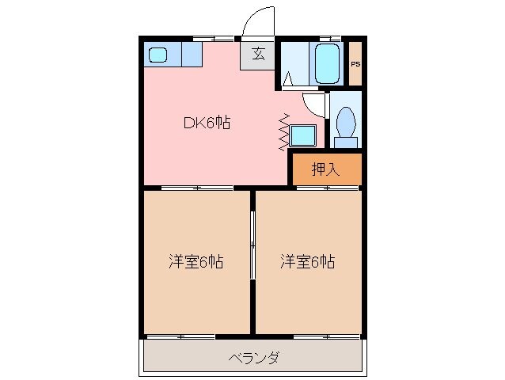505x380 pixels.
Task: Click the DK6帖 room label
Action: pos(207,123)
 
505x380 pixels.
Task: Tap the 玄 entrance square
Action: pos(258,55)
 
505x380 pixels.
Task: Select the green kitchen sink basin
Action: pos(158,55)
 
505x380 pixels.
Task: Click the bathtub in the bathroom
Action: pos(327,63)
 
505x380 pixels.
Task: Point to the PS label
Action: pos(355,64)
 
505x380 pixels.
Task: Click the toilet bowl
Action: pos(344,123)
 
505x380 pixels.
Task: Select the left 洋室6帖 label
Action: pos(195,261)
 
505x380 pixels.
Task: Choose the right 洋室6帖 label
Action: pos(306,261)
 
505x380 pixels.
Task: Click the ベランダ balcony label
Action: pos(253,358)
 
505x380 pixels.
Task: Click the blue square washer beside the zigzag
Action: pos(302,136)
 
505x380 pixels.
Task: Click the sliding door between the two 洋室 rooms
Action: pos(252,245)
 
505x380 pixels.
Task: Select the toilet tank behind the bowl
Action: pos(344,142)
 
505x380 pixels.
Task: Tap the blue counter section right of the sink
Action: pos(192,55)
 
